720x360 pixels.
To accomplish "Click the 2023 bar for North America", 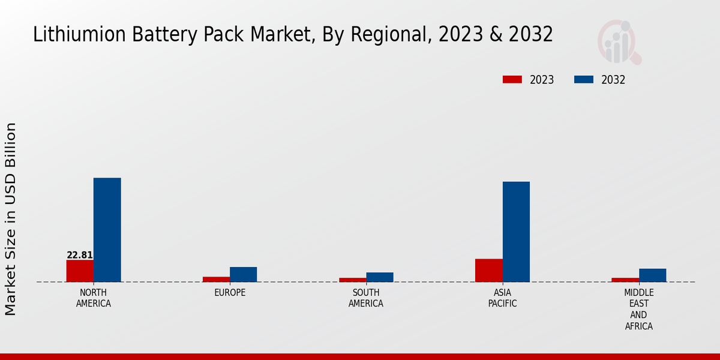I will [x=80, y=271].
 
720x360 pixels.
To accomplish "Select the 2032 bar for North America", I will [x=107, y=230].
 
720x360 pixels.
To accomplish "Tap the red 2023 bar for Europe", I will [x=216, y=279].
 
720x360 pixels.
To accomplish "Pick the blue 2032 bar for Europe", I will [x=243, y=274].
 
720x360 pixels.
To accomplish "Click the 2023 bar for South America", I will [x=352, y=280].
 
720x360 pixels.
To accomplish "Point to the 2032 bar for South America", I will [x=380, y=277].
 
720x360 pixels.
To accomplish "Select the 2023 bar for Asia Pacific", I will [x=488, y=270].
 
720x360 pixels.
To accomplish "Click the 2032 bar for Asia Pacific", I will [x=516, y=232].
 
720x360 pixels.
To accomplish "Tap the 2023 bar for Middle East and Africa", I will [x=625, y=280].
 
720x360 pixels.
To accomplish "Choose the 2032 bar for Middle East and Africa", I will [x=652, y=275].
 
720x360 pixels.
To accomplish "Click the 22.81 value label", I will [x=80, y=255].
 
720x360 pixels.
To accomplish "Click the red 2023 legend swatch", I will [x=512, y=80].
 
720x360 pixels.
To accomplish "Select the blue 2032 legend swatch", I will [x=584, y=80].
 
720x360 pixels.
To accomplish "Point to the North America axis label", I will [x=94, y=298].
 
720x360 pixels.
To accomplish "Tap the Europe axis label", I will [x=230, y=293].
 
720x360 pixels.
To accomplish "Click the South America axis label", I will [x=366, y=298].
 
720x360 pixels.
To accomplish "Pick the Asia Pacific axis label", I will [x=502, y=298].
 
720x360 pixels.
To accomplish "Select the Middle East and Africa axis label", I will [x=638, y=310].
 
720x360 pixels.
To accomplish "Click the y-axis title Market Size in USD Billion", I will [x=11, y=219].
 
